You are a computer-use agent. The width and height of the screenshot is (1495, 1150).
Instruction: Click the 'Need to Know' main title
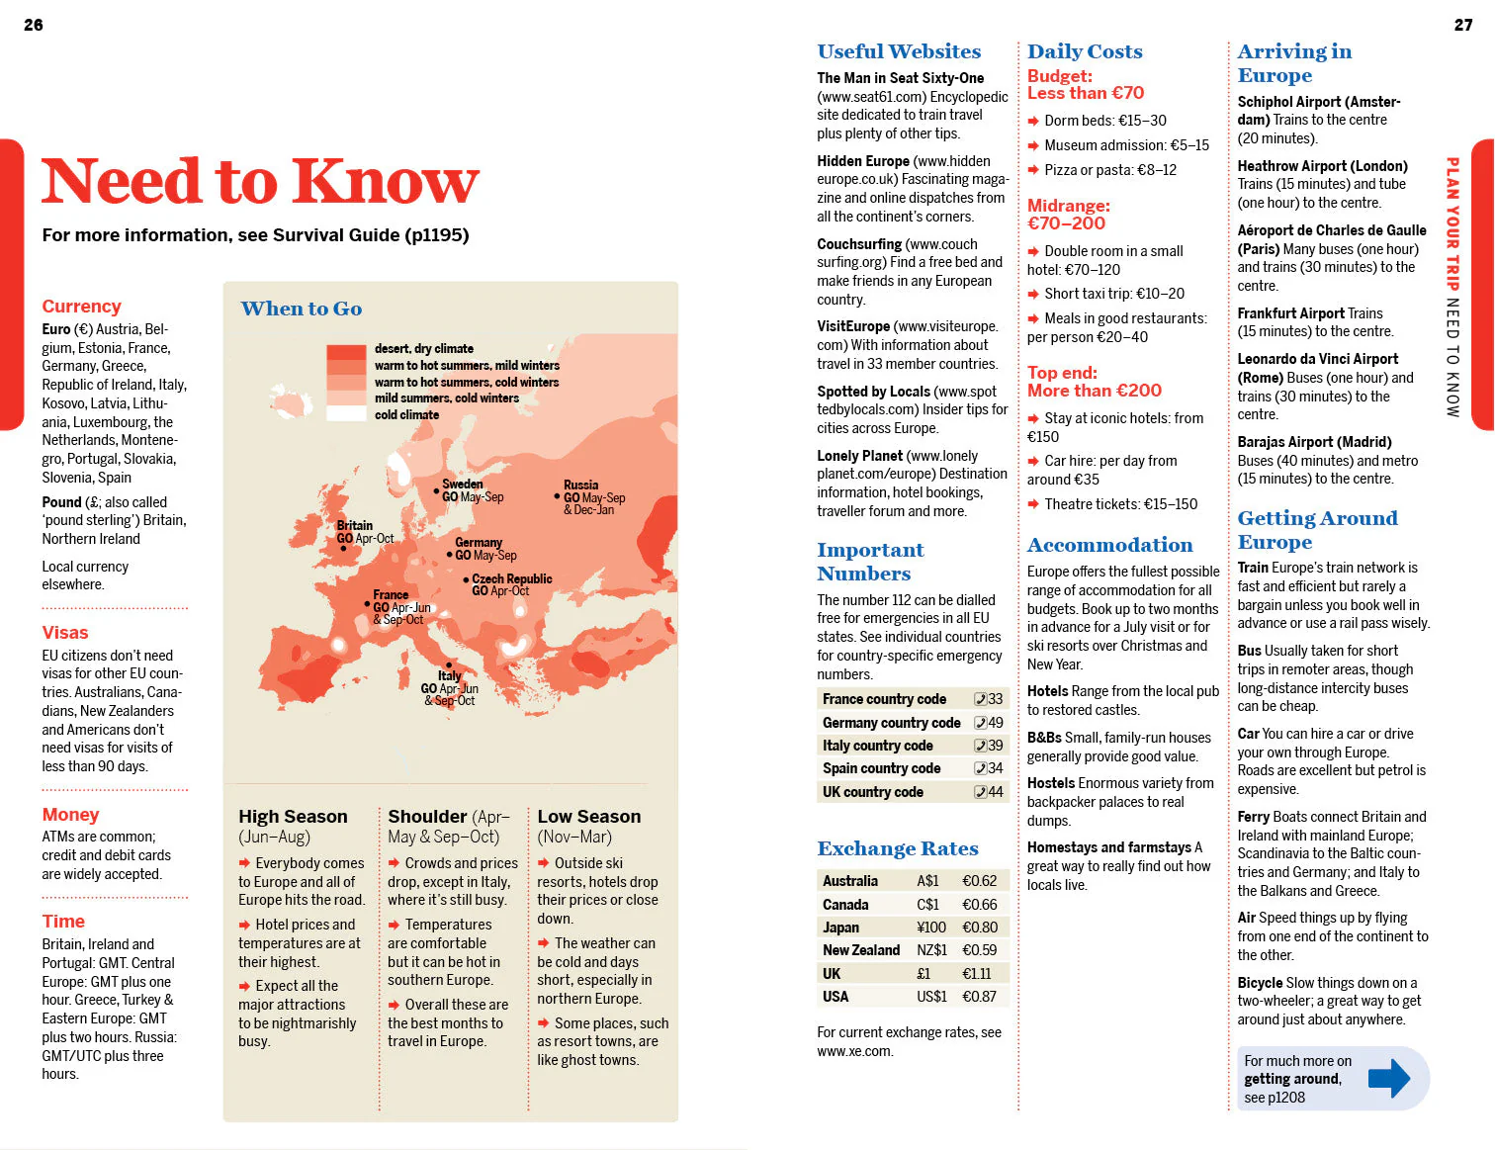coord(260,182)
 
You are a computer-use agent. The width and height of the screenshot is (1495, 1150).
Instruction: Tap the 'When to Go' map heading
coord(302,309)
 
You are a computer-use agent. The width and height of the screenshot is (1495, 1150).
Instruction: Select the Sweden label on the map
coord(462,485)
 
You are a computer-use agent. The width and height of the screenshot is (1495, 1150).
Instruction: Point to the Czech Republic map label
coord(511,578)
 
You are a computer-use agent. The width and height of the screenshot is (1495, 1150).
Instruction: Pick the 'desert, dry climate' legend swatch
coord(346,351)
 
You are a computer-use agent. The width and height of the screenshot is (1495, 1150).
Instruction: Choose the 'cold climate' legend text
coord(406,414)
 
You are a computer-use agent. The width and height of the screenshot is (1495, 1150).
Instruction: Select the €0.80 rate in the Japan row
coord(979,928)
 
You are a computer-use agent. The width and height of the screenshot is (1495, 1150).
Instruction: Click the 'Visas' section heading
coord(65,633)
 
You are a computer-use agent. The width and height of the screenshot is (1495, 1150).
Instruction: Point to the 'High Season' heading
coord(293,817)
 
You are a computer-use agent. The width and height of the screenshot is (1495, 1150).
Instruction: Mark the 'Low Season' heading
coord(588,817)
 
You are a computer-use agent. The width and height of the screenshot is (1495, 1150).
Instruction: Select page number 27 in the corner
coord(1463,25)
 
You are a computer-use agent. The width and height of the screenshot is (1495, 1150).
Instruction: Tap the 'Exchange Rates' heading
coord(897,848)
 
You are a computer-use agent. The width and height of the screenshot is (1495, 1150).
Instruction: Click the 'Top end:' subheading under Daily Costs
coord(1062,373)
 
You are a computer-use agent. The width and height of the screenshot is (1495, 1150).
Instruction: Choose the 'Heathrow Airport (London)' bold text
coord(1322,166)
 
